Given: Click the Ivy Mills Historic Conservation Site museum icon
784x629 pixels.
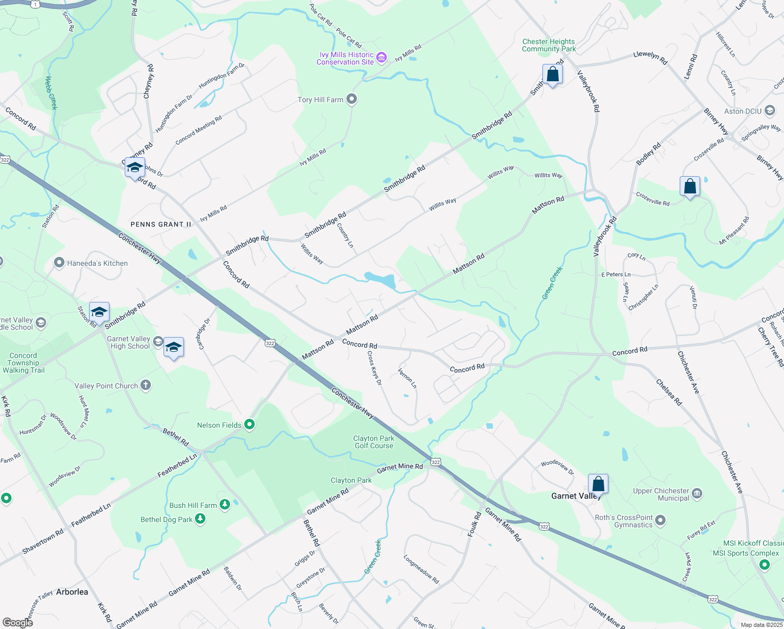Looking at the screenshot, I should point(382,58).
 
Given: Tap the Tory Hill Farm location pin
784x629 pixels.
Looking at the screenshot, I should point(352,99).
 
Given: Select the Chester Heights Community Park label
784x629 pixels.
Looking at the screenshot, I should point(549,45).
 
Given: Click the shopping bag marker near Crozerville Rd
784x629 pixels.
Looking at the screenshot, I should point(690,187).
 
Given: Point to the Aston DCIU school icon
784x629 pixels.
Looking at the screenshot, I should point(769,111).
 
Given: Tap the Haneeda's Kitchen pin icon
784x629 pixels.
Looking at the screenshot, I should point(60,263).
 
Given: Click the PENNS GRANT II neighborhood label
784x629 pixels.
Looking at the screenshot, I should point(161,224).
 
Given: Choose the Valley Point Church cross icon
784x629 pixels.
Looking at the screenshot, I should point(146,386).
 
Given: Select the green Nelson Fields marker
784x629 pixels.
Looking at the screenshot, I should point(249,425).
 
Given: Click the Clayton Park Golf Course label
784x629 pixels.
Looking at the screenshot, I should point(374,442).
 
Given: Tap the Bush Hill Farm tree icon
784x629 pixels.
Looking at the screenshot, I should point(225,505).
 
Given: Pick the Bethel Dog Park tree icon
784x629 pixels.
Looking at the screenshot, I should point(200,519).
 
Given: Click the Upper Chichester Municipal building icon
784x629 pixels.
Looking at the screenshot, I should point(697,494).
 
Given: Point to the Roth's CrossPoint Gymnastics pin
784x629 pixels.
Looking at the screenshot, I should point(660,520).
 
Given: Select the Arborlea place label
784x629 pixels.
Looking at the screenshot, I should point(72,592).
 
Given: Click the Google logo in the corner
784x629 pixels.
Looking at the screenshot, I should point(17,622).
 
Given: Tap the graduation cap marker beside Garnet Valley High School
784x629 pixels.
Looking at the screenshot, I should point(173,348).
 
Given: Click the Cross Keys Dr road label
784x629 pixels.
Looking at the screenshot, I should point(374,368).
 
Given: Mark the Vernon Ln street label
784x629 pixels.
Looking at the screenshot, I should point(407,378).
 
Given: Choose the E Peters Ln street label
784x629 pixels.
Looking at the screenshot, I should point(616,275).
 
